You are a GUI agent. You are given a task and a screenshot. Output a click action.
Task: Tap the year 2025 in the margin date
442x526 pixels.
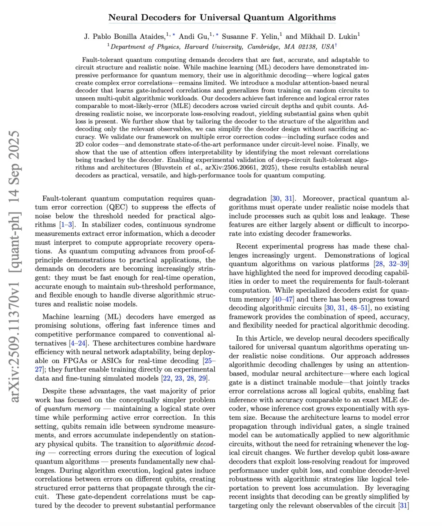[15, 145]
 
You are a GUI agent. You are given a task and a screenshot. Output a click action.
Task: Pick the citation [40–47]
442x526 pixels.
[284, 299]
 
